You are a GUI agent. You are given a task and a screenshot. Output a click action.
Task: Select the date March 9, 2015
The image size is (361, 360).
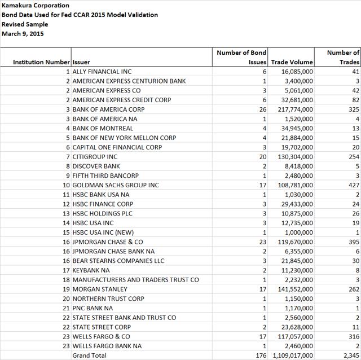coord(23,34)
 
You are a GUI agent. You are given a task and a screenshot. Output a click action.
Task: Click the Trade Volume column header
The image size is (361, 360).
coord(292,62)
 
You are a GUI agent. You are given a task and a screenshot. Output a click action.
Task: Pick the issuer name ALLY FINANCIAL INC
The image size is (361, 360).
coord(102,72)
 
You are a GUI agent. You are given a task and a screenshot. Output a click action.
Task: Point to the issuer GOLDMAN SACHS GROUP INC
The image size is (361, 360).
coord(116,185)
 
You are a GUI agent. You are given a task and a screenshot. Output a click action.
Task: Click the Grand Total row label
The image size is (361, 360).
coord(89,355)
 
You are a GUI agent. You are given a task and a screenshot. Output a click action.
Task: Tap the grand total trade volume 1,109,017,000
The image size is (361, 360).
coord(291,355)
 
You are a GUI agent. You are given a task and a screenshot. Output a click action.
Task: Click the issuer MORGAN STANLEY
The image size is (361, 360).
coord(100,289)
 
